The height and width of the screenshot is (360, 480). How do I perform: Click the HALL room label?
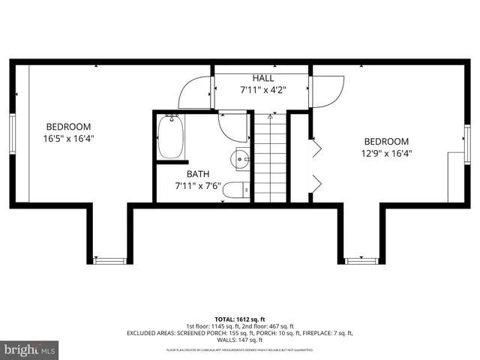pos(262,78)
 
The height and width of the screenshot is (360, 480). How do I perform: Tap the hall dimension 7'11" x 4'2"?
pos(262,90)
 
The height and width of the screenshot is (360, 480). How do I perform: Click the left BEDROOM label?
pos(68,126)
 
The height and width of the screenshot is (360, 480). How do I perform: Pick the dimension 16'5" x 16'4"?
pos(68,138)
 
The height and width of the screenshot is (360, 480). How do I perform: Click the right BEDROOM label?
pos(386,142)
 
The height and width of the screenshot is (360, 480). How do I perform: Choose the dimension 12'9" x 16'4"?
pos(386,154)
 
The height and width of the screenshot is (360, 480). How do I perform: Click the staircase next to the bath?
pos(270,157)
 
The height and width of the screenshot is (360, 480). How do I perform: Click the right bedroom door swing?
pos(326,91)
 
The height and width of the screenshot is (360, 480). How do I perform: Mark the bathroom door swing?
pos(233,127)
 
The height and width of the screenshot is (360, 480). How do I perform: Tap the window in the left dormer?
pos(109,261)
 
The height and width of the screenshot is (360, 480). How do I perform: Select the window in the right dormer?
pos(361,261)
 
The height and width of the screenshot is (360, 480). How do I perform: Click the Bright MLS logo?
pos(30,349)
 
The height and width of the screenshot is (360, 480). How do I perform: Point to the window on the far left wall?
pos(12,135)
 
